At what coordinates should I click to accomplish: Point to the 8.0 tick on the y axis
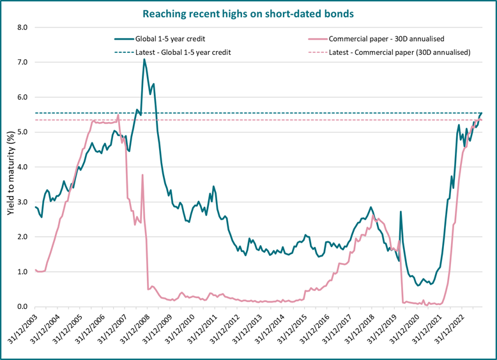click(22, 27)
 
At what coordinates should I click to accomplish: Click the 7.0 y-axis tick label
click(22, 63)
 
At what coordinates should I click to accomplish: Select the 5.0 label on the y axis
click(22, 132)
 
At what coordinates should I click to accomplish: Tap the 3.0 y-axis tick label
click(22, 202)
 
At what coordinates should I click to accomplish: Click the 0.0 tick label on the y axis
click(22, 306)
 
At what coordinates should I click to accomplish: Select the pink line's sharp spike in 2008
click(142, 175)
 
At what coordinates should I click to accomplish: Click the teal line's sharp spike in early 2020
click(401, 212)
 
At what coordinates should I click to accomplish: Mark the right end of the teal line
click(481, 113)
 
